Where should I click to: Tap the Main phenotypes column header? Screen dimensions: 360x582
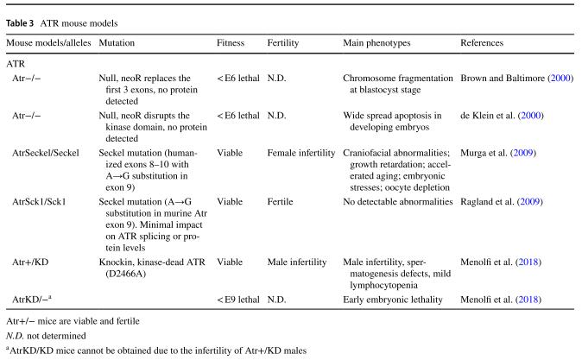(x=376, y=42)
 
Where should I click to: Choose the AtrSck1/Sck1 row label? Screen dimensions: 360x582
(x=41, y=200)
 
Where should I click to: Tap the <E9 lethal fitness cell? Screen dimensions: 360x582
(x=237, y=299)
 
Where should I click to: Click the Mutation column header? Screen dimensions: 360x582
(x=117, y=42)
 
